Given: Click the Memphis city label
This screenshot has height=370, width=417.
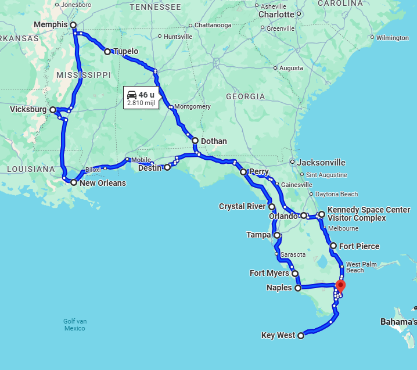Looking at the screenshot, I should [x=51, y=24].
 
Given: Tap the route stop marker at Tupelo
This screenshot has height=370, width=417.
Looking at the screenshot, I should [x=107, y=52].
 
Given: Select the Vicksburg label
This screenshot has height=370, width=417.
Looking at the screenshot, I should [x=28, y=109].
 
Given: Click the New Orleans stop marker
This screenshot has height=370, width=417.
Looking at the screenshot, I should [x=74, y=182].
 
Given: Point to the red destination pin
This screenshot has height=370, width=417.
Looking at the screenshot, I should [x=340, y=285].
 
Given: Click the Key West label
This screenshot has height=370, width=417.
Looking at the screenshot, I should [x=278, y=335].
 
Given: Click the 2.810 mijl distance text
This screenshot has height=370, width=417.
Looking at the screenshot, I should [x=141, y=103].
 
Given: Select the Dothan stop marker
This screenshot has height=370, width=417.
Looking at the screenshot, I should [x=195, y=141].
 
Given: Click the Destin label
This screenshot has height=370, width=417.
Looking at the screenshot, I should [x=150, y=168].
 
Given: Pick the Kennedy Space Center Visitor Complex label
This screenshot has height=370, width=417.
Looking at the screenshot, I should [x=369, y=214].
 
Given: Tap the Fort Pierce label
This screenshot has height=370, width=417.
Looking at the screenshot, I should [x=360, y=246].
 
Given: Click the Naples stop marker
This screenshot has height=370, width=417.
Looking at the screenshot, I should [x=298, y=288].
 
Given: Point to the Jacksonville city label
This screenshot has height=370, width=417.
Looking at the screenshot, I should [x=321, y=163].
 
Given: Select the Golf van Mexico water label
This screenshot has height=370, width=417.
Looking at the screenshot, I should [x=75, y=325].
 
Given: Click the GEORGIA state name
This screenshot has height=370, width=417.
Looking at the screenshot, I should [x=245, y=96].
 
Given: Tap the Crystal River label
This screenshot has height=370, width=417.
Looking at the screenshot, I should [x=242, y=206].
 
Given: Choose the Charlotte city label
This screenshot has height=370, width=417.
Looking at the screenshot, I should [x=276, y=14].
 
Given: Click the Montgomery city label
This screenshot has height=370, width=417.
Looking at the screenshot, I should [x=192, y=107].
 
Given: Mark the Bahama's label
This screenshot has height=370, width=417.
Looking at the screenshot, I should [x=398, y=321].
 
